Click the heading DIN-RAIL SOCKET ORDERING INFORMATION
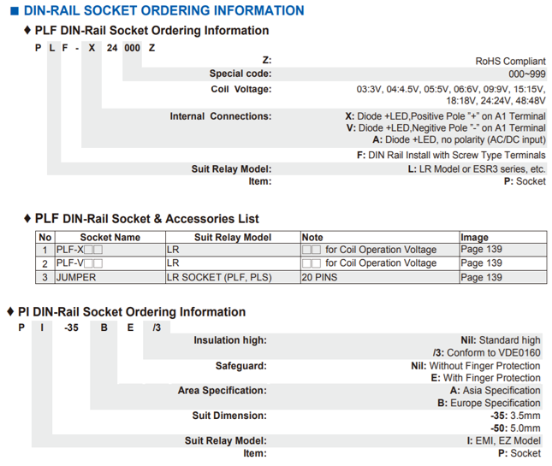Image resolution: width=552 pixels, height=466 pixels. coord(163,10)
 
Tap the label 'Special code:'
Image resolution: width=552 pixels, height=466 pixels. coord(240,74)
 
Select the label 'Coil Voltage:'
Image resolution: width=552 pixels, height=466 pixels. coord(240,89)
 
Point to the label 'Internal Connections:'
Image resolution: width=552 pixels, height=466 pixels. coord(220,116)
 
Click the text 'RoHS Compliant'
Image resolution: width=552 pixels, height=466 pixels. coord(510,62)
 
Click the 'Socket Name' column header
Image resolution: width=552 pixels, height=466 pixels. coord(110,237)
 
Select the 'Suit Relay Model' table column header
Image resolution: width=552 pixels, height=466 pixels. coord(233,237)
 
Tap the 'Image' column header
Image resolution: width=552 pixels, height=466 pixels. coord(475,237)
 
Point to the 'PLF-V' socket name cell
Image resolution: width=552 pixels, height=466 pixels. coord(79,263)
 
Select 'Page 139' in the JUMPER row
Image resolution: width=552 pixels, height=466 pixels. coord(482,277)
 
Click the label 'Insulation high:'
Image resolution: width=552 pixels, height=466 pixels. coord(229,340)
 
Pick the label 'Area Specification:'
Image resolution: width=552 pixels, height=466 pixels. coord(222,391)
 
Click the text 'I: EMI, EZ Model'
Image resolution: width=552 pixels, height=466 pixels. coord(501,441)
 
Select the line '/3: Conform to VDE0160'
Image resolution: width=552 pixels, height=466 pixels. coord(487,352)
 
